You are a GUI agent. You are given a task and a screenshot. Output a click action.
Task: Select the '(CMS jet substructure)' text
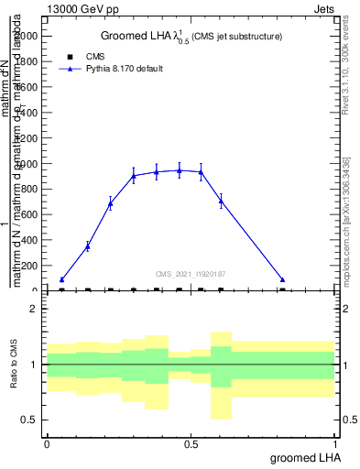(236, 37)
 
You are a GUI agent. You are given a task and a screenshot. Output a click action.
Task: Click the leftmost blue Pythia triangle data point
(61, 279)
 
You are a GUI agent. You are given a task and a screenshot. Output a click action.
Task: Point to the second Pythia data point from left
(88, 245)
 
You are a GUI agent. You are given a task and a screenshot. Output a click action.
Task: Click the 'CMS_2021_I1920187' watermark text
(191, 273)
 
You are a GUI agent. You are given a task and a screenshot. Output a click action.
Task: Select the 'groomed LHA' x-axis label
(304, 457)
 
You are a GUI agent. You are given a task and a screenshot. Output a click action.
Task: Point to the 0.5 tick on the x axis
(191, 443)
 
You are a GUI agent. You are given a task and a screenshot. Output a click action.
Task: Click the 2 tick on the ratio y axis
(34, 309)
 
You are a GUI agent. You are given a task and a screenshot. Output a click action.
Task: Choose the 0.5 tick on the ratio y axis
(30, 420)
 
